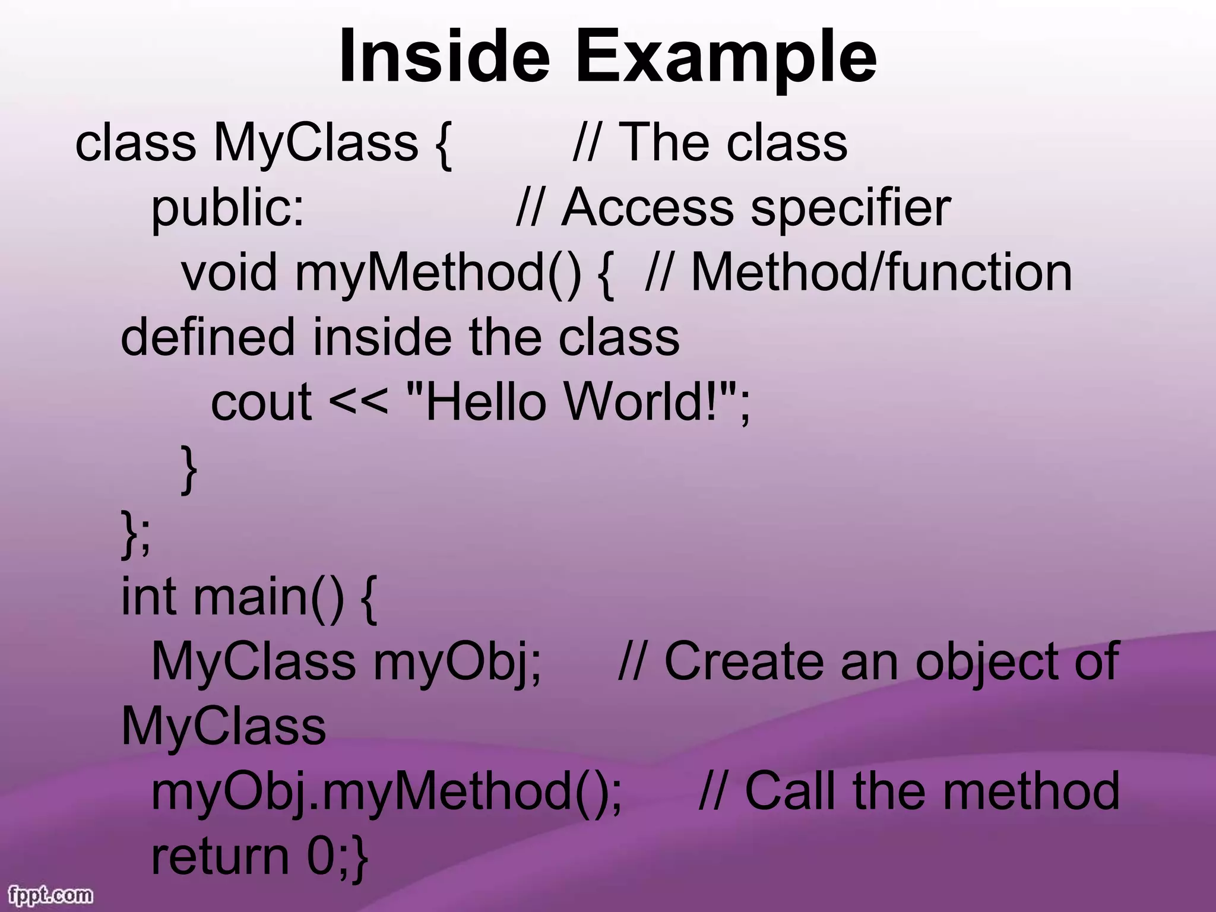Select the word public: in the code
(x=228, y=209)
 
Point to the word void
(x=229, y=273)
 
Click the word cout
(x=261, y=403)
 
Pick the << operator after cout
(x=359, y=403)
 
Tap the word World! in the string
(x=650, y=403)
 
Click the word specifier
(x=851, y=209)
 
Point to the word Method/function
(x=882, y=273)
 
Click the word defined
(x=208, y=337)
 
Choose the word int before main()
(x=148, y=597)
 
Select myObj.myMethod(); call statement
(x=387, y=791)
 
